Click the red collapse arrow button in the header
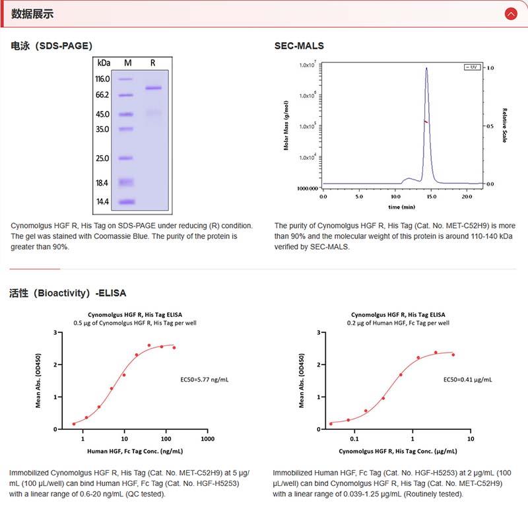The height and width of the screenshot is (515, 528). [x=510, y=13]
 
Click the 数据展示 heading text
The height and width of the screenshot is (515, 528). [x=33, y=14]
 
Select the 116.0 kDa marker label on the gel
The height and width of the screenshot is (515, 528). [x=103, y=79]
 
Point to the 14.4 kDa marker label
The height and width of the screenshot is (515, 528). [x=103, y=201]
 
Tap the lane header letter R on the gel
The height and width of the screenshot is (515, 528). [x=153, y=63]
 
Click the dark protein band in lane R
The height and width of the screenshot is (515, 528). [x=153, y=88]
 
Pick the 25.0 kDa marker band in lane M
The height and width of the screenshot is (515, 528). [x=127, y=158]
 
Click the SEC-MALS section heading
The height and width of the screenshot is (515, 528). [x=299, y=46]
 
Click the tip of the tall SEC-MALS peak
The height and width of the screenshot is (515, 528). [x=426, y=67]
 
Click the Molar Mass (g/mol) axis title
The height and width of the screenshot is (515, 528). [x=286, y=125]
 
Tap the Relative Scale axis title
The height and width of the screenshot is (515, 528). [x=504, y=125]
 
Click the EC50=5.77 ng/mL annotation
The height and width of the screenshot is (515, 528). [x=205, y=380]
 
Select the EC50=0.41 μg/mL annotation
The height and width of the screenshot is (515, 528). [x=467, y=380]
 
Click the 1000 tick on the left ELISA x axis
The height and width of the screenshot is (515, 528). [x=208, y=438]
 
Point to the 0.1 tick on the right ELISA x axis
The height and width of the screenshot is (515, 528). [x=354, y=438]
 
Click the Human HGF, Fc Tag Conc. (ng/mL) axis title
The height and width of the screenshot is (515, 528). [x=135, y=451]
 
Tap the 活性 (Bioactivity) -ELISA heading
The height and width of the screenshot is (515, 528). [x=67, y=292]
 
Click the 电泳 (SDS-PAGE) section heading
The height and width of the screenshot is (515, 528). [x=51, y=46]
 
